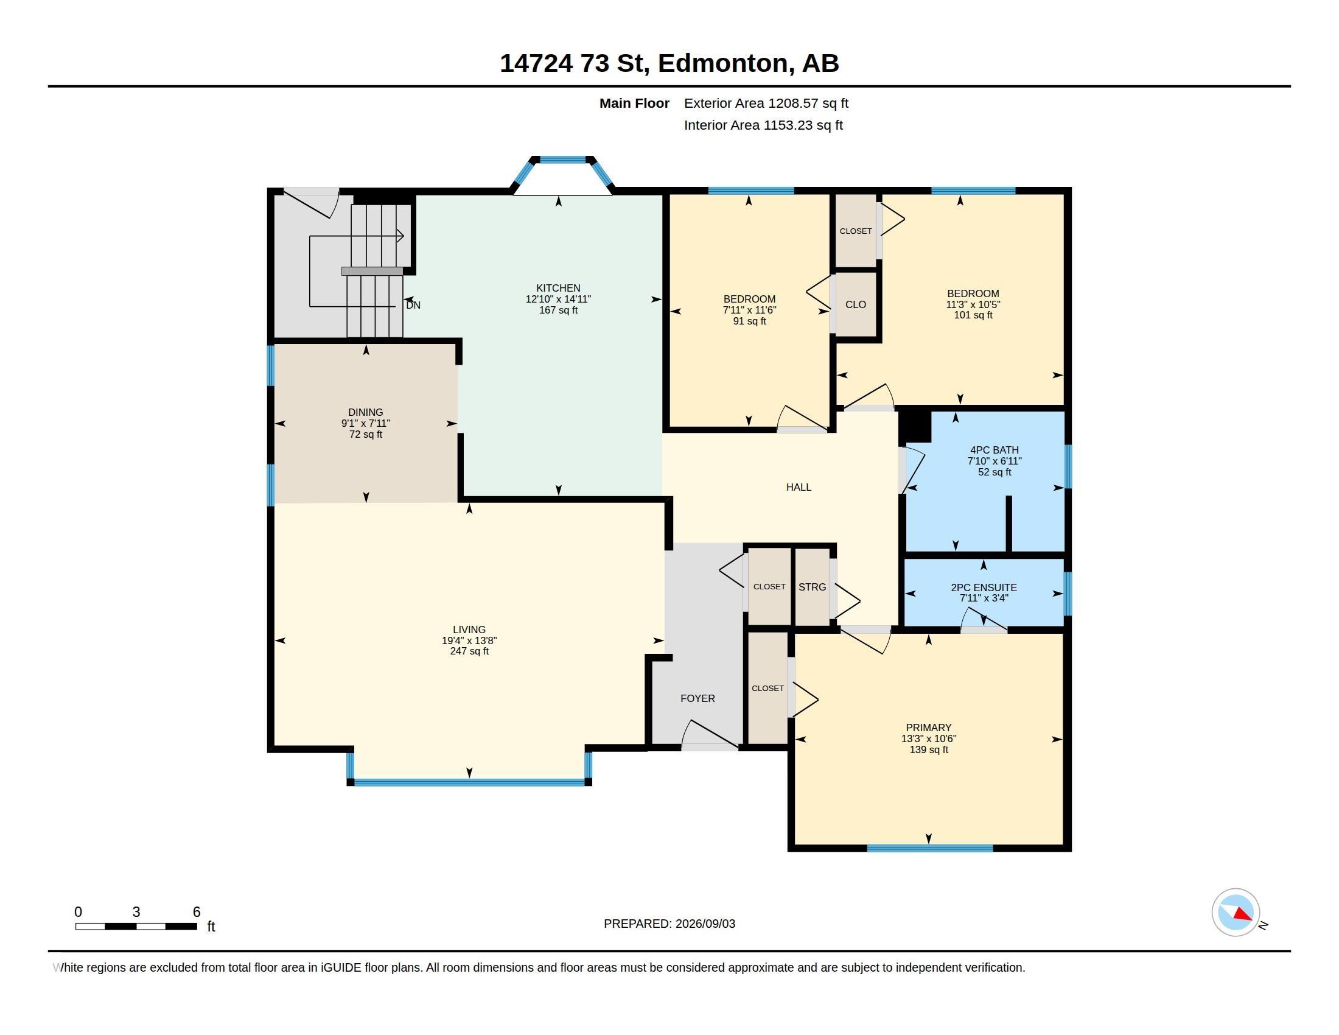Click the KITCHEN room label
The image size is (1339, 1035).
[558, 287]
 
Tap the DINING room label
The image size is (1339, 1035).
[365, 412]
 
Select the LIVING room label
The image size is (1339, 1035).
[469, 629]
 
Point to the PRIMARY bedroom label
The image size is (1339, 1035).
[928, 728]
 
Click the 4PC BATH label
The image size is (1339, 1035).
[994, 450]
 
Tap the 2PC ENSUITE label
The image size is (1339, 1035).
[984, 588]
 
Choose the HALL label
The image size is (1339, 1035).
[799, 487]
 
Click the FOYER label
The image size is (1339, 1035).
[697, 698]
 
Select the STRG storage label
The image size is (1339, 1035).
[813, 587]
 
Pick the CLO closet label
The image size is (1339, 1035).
[855, 305]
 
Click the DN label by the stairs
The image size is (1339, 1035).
[413, 305]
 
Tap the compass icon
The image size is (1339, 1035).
[1236, 913]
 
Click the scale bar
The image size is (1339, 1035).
[136, 926]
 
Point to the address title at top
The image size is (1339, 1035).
[669, 63]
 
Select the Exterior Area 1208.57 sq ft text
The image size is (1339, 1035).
[766, 103]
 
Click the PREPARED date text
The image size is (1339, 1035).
[669, 924]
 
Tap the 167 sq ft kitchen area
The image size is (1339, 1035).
[558, 310]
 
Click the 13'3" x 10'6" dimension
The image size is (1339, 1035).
[928, 739]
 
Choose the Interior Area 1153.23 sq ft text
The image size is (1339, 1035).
[763, 125]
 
